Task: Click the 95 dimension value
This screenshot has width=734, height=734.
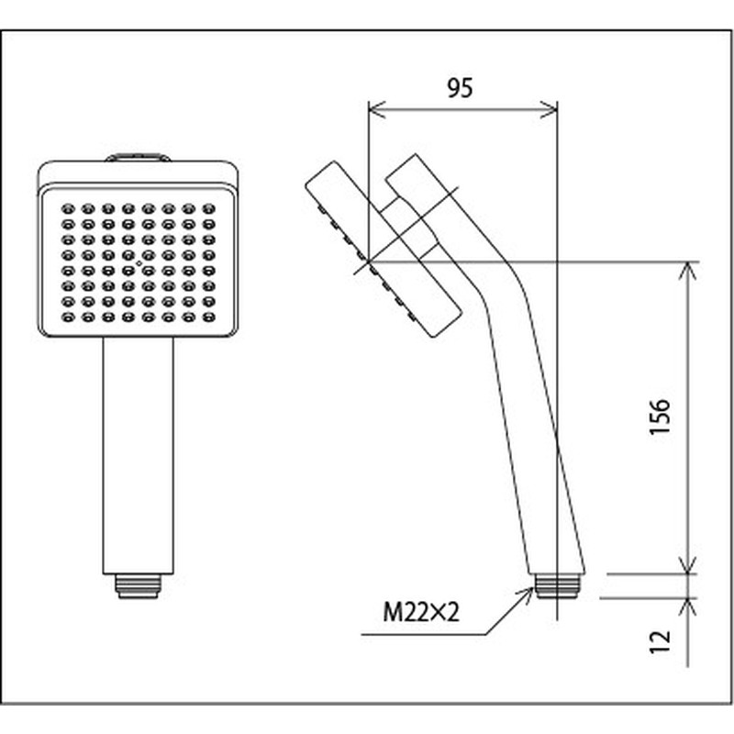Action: tap(460, 87)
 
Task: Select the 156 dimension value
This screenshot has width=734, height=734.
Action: tap(660, 417)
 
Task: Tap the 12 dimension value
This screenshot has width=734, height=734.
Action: tap(660, 641)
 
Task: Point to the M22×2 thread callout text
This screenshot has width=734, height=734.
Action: tap(421, 612)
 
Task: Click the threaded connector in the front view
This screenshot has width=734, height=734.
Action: tap(139, 586)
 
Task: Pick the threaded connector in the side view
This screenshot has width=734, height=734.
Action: tap(558, 586)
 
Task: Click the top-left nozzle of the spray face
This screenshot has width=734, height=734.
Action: tap(68, 209)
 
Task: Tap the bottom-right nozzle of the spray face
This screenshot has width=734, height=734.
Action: tap(209, 317)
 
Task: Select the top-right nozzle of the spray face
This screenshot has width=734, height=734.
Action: tap(209, 209)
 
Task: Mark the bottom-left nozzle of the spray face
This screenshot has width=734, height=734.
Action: tap(68, 317)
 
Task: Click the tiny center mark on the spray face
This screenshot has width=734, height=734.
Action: tap(139, 263)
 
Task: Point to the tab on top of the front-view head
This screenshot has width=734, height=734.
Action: tap(138, 157)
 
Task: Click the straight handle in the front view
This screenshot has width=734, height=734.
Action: tap(139, 455)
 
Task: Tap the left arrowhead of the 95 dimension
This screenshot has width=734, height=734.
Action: tap(376, 109)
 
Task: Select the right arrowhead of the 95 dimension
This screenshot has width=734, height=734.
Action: tap(549, 109)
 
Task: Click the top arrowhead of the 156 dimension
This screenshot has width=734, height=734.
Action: tap(687, 271)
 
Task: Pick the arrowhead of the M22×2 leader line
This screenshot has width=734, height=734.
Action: tap(527, 593)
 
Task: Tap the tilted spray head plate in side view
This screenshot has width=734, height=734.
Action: tap(384, 249)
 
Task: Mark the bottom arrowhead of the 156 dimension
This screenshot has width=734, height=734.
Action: tap(687, 564)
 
